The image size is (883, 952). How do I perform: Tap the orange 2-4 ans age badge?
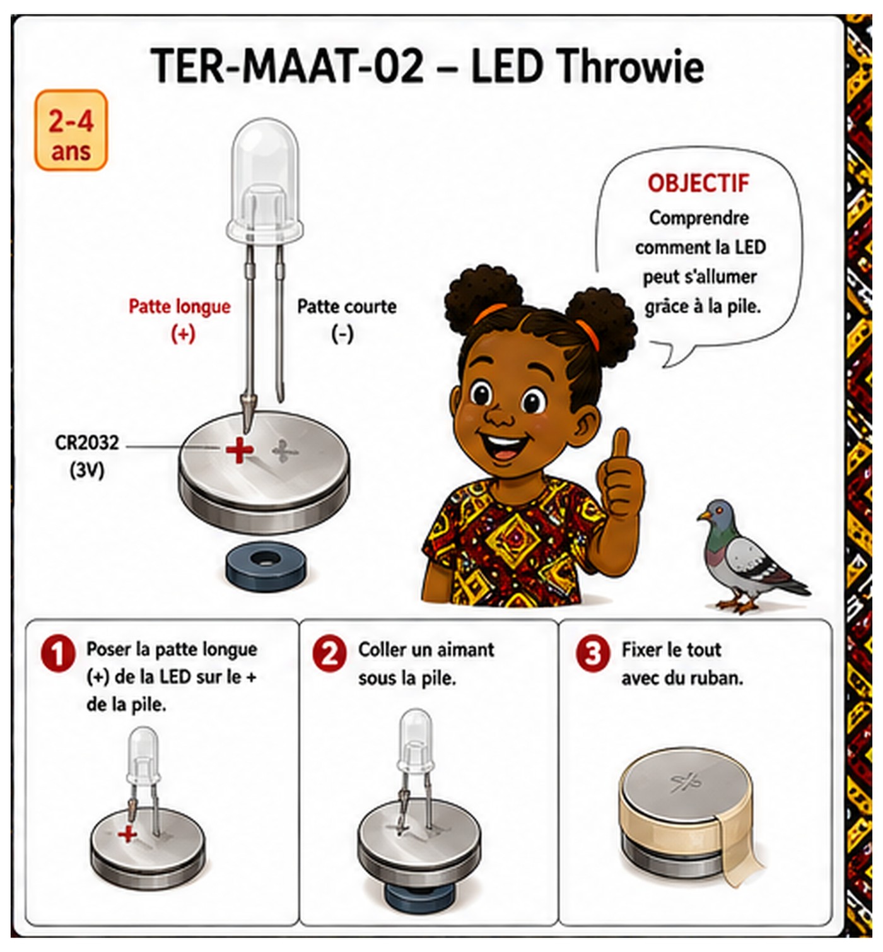point(71,131)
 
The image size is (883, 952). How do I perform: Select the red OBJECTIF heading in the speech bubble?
point(698,184)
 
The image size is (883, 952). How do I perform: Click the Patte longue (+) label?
point(180,320)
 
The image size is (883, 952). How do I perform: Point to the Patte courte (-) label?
point(347,320)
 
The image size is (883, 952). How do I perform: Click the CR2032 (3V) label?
point(87,456)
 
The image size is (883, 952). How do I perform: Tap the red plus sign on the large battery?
point(239,450)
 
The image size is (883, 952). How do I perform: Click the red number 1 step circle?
point(58,654)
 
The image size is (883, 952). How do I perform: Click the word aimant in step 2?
point(462,650)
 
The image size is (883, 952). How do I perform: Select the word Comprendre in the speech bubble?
point(699,218)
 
